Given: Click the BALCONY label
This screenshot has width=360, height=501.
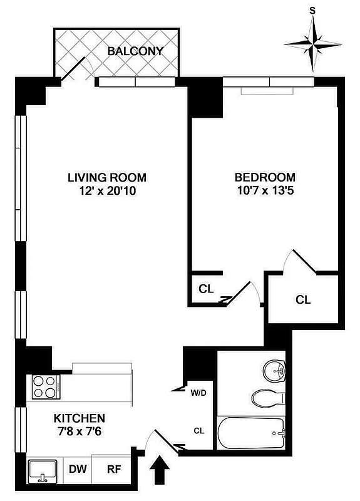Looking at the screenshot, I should click(x=135, y=51).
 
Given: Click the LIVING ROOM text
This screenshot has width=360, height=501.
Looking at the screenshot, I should click(x=102, y=178).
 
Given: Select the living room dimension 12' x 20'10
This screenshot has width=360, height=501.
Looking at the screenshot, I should click(x=102, y=192).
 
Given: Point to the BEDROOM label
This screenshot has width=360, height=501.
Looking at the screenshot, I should click(x=264, y=178).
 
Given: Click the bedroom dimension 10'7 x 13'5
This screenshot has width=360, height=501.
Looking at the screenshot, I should click(x=264, y=192).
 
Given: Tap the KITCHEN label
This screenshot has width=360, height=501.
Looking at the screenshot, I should click(x=79, y=418).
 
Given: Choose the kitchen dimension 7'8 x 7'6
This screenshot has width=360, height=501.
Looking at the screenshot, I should click(x=79, y=431).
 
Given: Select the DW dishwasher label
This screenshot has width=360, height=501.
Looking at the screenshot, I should click(x=78, y=468).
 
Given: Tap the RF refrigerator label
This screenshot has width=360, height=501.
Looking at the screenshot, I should click(x=114, y=468).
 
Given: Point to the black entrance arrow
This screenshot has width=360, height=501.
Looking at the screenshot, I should click(x=160, y=468).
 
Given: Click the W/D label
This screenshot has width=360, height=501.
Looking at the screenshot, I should click(x=198, y=393).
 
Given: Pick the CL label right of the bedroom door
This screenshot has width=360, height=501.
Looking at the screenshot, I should click(x=303, y=300).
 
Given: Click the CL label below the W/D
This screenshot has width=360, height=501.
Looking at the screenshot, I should click(x=199, y=431).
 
